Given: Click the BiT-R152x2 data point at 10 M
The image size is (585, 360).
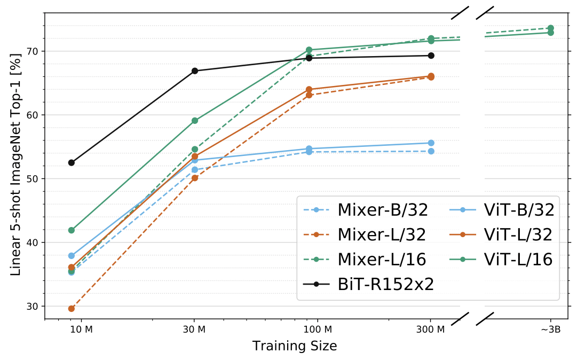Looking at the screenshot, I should click(72, 162).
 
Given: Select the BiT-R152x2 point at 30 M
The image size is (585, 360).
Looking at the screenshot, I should click(195, 71).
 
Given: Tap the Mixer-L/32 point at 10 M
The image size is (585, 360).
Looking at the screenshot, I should click(72, 309).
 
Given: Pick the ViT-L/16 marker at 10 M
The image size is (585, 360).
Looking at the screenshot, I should click(72, 230).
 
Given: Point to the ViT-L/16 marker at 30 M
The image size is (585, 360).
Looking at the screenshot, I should click(195, 121).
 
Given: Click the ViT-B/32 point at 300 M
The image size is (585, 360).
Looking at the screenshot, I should click(431, 143).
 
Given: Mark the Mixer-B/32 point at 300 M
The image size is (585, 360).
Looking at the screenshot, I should click(431, 151).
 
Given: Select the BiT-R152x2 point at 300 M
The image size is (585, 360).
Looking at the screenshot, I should click(431, 56).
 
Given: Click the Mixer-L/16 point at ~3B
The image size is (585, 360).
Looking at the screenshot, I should click(551, 28).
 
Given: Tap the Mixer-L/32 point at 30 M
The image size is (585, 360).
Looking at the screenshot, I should click(195, 178).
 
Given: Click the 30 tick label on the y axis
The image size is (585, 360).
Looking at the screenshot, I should click(34, 307).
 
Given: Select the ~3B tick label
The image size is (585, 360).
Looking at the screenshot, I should click(550, 330).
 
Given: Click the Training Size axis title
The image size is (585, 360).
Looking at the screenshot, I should click(295, 346).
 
